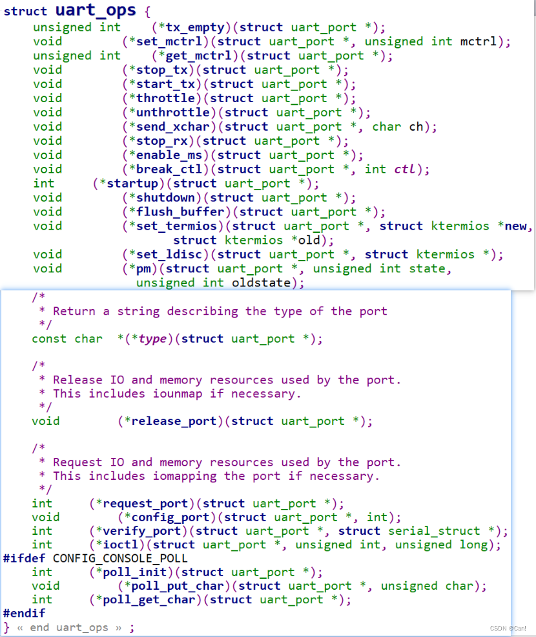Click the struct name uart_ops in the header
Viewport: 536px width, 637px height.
tap(96, 10)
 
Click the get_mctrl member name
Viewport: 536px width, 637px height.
tap(203, 56)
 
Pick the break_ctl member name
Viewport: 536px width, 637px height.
tap(170, 169)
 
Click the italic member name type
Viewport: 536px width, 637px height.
tap(152, 339)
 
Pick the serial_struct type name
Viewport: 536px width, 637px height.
tap(435, 531)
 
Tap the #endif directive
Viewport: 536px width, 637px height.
tap(25, 613)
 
